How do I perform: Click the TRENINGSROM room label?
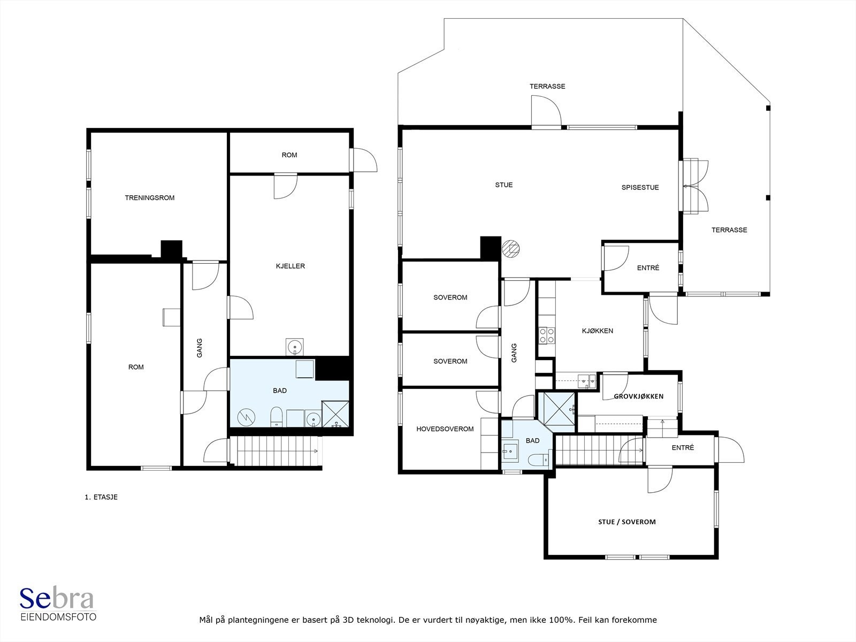(149, 197)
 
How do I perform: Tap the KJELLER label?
(290, 266)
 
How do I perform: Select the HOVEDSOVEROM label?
(445, 429)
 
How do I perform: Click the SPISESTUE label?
(640, 187)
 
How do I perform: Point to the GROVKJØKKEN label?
(638, 396)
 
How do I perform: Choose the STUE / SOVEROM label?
(626, 522)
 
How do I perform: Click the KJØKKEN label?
(598, 331)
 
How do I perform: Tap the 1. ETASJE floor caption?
(101, 497)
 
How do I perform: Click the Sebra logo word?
(57, 599)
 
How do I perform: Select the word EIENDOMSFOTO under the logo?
(58, 617)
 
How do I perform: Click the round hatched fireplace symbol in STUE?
(510, 248)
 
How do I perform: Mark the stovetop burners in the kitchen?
(546, 335)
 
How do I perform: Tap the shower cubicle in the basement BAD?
(335, 414)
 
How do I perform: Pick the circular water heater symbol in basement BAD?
(246, 417)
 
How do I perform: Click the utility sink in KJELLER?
(294, 347)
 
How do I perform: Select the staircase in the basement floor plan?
(276, 450)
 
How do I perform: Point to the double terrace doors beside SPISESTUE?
(694, 186)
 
